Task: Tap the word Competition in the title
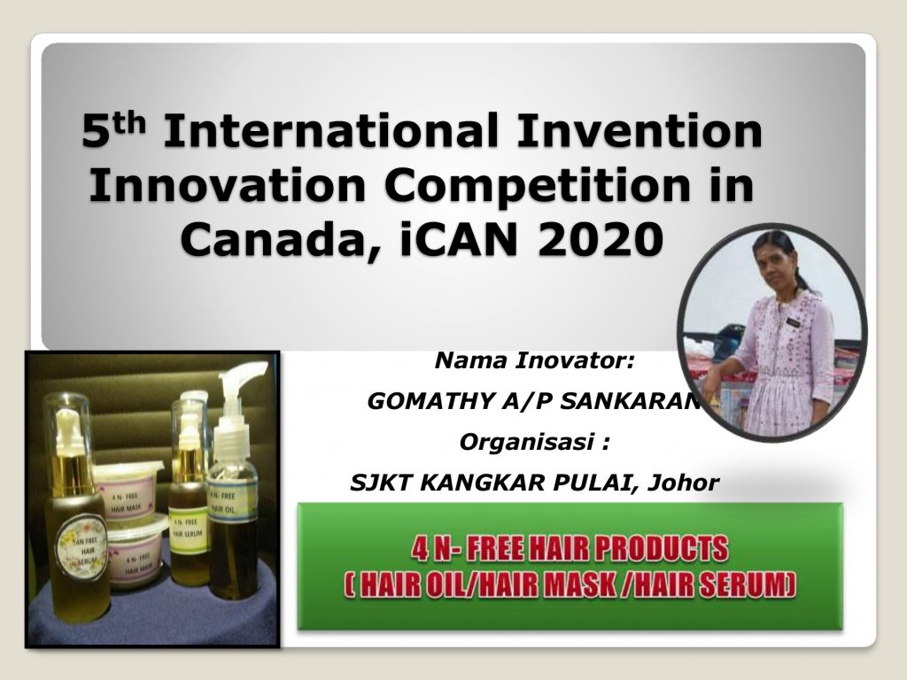pyautogui.click(x=538, y=186)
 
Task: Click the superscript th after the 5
pyautogui.click(x=128, y=122)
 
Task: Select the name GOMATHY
pyautogui.click(x=430, y=401)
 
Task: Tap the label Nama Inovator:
pyautogui.click(x=534, y=360)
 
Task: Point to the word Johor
pyautogui.click(x=683, y=483)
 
